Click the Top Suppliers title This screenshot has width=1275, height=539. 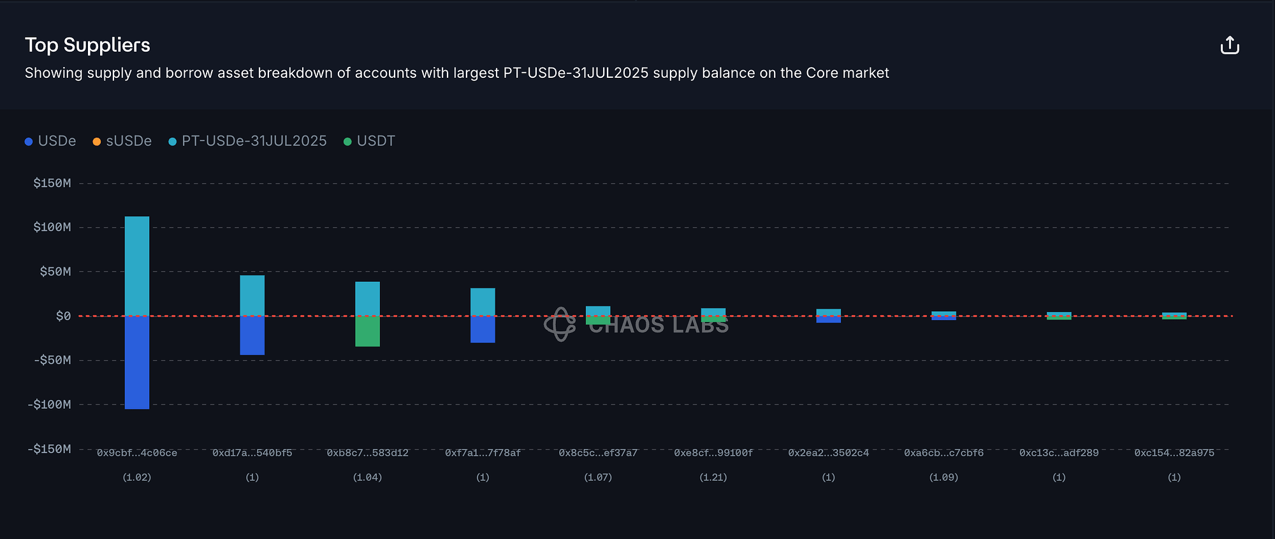[87, 45]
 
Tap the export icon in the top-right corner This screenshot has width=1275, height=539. [1230, 45]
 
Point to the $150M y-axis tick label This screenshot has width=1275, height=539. [52, 183]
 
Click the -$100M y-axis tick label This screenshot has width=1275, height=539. [50, 404]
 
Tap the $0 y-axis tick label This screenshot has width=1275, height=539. [63, 316]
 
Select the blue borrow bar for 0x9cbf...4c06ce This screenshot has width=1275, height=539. [137, 362]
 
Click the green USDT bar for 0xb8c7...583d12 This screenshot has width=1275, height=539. [367, 332]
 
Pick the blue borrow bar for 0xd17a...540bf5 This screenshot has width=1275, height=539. [252, 336]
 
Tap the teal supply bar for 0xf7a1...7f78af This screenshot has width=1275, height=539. [483, 301]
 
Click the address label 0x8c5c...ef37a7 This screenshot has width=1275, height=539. [598, 453]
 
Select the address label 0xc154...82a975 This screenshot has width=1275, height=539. [1174, 453]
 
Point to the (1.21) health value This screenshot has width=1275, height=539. [713, 477]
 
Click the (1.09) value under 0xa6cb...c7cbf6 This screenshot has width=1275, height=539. [943, 477]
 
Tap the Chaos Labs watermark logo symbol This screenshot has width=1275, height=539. [560, 324]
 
